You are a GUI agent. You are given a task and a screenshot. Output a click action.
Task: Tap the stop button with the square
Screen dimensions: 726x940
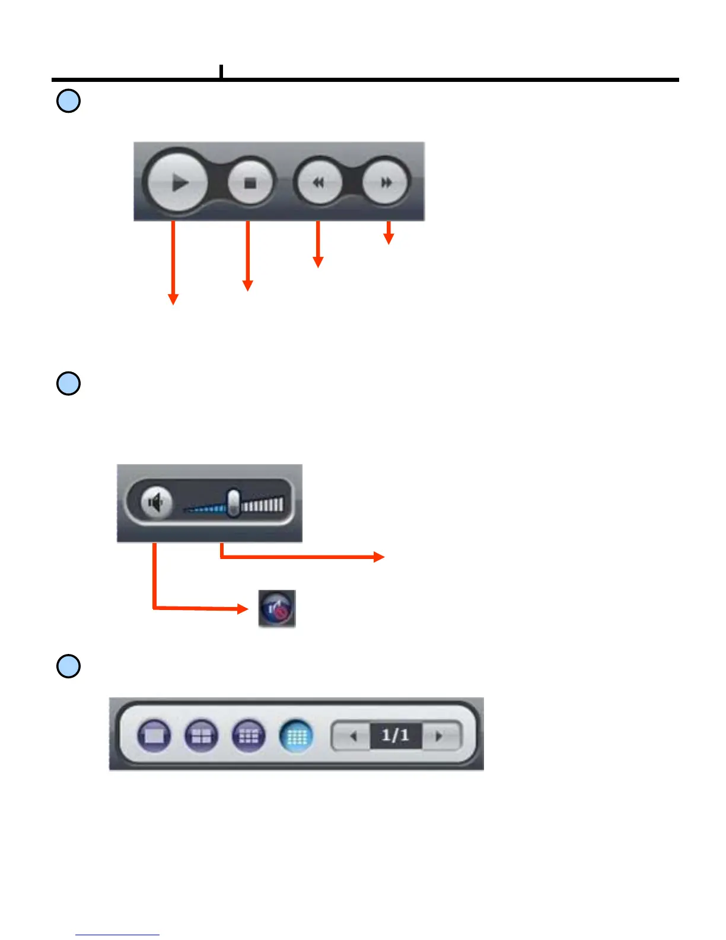point(250,183)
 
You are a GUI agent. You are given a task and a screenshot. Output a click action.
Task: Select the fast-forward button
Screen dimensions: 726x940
point(386,182)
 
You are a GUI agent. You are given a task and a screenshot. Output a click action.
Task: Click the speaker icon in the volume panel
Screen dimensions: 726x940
point(156,503)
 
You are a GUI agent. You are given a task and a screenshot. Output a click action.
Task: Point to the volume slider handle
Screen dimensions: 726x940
point(234,503)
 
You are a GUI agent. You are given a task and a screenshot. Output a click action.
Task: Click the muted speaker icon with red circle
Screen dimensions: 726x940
point(277,608)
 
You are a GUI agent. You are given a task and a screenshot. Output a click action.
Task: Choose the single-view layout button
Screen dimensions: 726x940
point(154,736)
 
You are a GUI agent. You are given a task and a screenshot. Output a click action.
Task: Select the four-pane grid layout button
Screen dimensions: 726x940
point(202,736)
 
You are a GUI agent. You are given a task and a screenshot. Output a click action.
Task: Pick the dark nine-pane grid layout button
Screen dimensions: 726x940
point(249,736)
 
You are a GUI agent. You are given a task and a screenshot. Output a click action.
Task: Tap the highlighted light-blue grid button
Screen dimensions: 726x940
point(296,736)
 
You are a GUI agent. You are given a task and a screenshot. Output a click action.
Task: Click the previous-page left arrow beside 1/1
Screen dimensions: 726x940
point(353,736)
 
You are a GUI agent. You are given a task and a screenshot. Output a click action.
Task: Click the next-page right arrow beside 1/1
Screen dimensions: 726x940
point(440,736)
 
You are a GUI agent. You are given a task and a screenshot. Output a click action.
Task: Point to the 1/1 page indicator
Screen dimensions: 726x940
point(396,736)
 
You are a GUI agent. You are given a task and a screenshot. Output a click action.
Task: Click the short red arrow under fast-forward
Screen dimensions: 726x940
point(389,233)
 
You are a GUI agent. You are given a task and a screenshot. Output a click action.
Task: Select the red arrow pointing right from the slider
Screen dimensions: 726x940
point(302,556)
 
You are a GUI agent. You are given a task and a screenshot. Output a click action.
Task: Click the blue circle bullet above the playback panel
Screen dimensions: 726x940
point(68,101)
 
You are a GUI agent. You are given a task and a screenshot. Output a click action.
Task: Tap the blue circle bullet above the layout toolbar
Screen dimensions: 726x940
point(68,666)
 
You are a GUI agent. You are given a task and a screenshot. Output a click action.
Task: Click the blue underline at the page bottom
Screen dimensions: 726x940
point(117,935)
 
